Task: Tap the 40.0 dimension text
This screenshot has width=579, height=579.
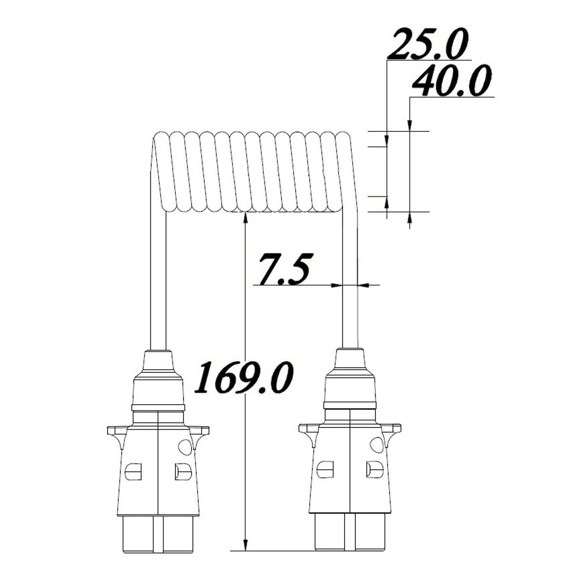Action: (452, 81)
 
